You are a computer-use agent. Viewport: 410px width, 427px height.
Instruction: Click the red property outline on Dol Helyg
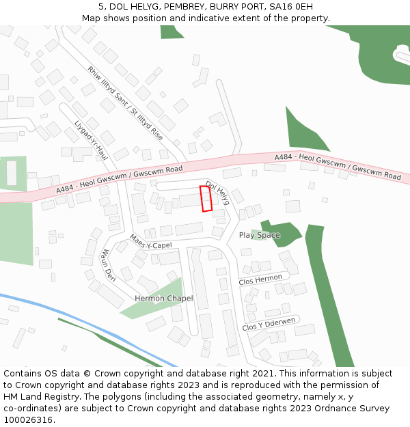tap(206, 198)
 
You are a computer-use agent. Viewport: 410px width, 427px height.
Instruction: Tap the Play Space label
tap(259, 235)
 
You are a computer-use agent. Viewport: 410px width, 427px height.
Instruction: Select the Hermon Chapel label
tap(164, 299)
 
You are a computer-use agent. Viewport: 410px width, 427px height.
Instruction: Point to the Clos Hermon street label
tap(260, 279)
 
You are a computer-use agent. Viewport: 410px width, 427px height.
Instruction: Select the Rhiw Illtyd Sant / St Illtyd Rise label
tap(125, 102)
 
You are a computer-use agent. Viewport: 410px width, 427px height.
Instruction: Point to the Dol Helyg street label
tap(218, 192)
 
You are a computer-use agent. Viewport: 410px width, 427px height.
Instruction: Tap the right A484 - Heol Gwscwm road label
tap(338, 167)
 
